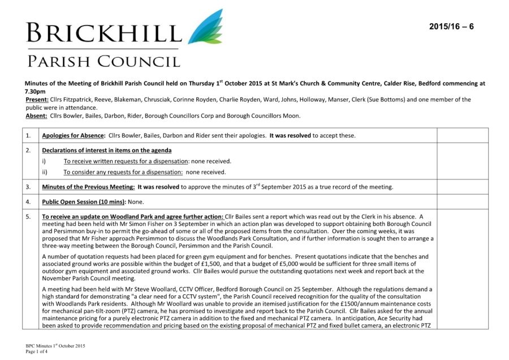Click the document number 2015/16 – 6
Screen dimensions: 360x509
point(451,27)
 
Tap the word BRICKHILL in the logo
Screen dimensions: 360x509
point(103,33)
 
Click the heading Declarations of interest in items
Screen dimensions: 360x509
point(106,151)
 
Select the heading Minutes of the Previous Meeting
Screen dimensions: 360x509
point(88,187)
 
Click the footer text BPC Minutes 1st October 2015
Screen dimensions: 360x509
point(55,345)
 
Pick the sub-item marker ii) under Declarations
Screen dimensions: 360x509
point(45,172)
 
